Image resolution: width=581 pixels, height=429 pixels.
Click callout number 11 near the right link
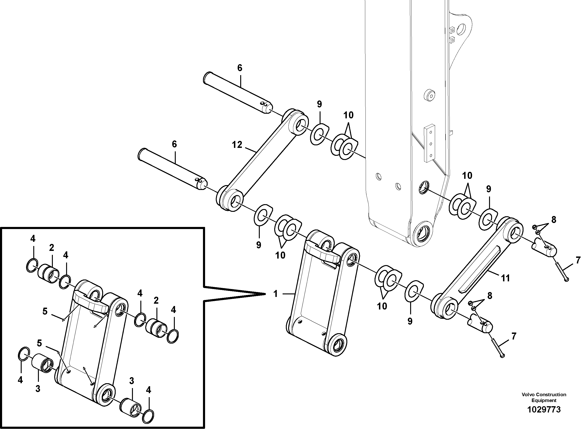tap(505, 278)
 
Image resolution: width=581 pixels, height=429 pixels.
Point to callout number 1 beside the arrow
tap(276, 294)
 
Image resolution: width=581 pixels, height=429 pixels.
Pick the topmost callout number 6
tap(240, 68)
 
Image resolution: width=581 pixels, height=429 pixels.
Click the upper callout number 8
tap(554, 220)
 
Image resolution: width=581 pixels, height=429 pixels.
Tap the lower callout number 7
tap(513, 336)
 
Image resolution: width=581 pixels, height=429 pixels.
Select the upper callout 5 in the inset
tap(45, 311)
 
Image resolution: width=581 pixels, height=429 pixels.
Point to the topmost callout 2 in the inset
tap(51, 248)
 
